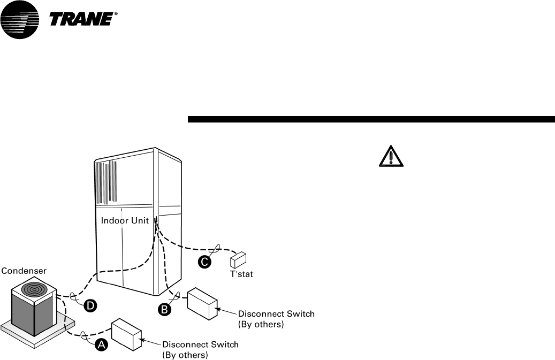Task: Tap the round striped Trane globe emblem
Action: pyautogui.click(x=20, y=20)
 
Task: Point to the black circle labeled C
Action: pyautogui.click(x=204, y=262)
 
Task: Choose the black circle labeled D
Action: pyautogui.click(x=90, y=305)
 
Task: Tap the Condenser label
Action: pyautogui.click(x=23, y=271)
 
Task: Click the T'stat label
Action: pyautogui.click(x=241, y=274)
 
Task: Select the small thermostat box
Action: pyautogui.click(x=238, y=260)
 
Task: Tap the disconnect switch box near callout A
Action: pyautogui.click(x=126, y=334)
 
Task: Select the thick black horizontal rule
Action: pyautogui.click(x=371, y=119)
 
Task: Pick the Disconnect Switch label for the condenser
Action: pyautogui.click(x=200, y=349)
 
